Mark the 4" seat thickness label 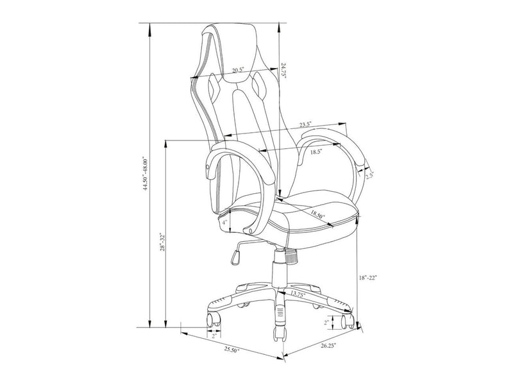point(226,223)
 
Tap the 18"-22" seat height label point(368,278)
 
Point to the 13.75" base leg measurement point(297,295)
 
